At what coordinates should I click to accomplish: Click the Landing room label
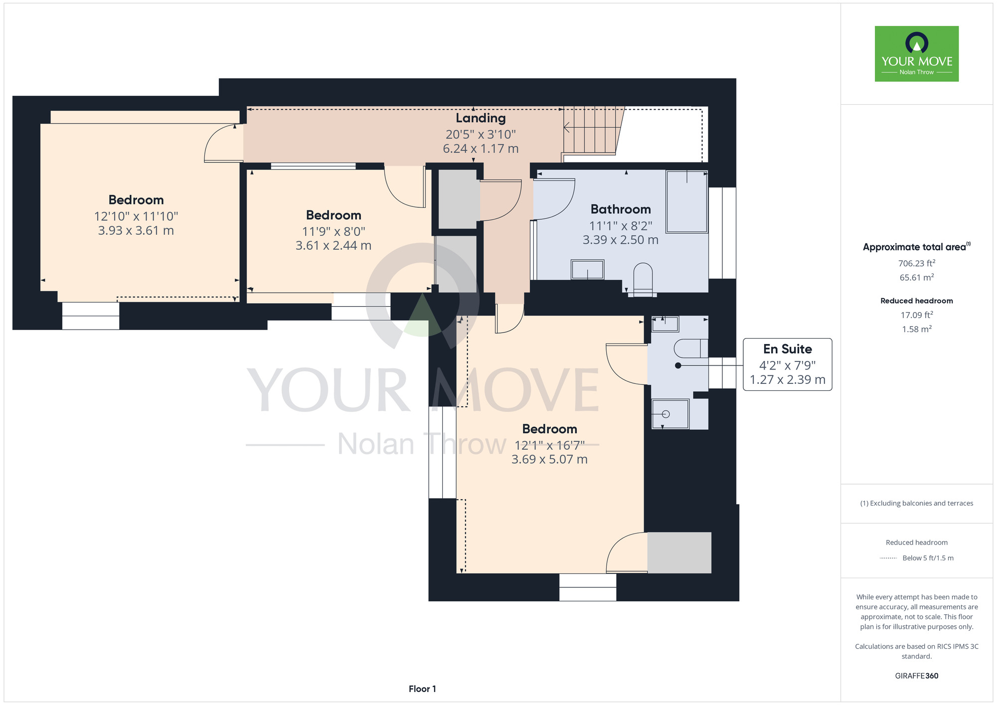click(481, 118)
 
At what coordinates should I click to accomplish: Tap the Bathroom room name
click(621, 209)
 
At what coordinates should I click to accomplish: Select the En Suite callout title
click(787, 349)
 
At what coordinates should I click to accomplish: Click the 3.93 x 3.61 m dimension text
click(136, 230)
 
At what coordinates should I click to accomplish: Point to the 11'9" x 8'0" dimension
click(333, 231)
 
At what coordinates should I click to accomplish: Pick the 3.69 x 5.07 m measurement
click(549, 459)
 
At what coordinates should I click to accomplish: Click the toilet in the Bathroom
click(643, 280)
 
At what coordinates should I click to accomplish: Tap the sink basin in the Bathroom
click(587, 270)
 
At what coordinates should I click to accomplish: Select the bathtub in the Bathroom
click(686, 201)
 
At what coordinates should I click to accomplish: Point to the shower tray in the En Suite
click(670, 414)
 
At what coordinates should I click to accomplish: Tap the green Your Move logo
click(917, 54)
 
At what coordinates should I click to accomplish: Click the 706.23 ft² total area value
click(917, 263)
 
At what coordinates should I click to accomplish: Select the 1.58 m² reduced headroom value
click(917, 329)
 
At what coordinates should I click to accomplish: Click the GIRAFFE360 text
click(917, 676)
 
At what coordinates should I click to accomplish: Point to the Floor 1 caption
click(422, 689)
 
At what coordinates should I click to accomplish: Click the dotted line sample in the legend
click(888, 558)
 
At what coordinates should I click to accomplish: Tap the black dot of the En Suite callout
click(678, 365)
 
